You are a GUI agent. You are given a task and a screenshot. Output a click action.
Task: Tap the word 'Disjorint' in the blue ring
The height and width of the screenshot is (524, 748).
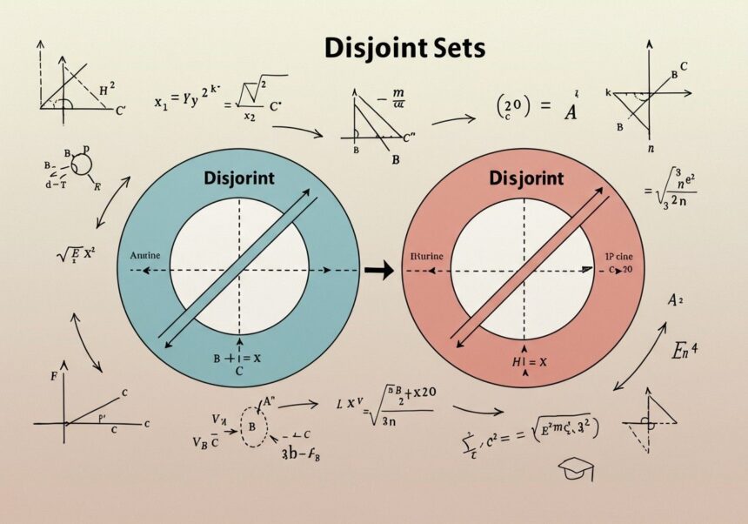point(238,178)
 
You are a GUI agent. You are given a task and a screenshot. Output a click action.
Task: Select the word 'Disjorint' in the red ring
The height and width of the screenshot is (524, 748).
point(526,178)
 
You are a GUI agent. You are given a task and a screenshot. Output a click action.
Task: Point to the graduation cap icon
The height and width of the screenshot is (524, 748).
point(575,470)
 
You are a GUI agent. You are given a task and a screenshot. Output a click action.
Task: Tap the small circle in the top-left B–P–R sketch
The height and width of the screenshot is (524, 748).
point(80,163)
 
